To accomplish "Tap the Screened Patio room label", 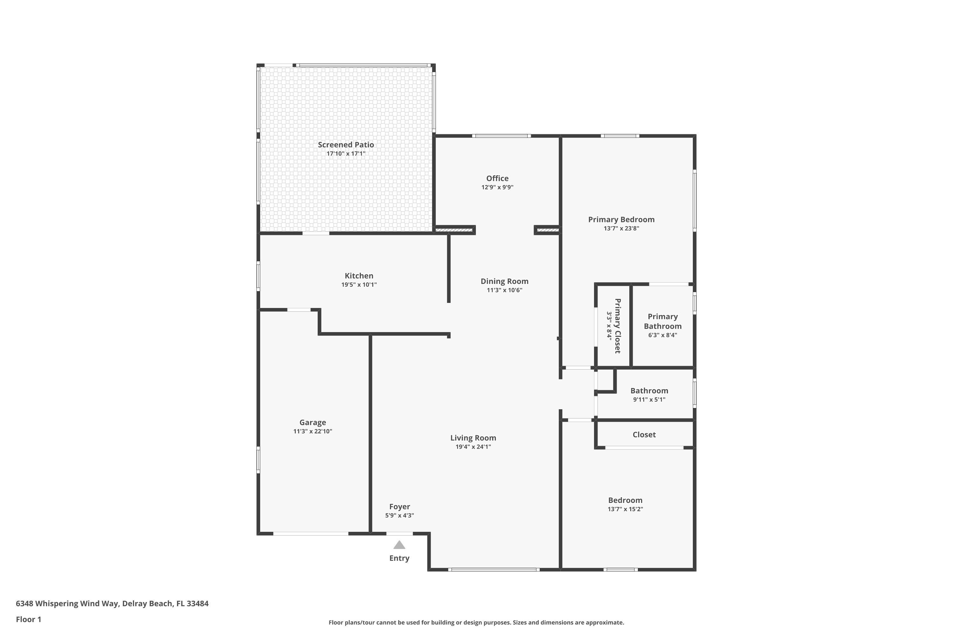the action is [x=346, y=144].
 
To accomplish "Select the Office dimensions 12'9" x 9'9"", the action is [x=497, y=187].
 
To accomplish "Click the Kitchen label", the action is [x=359, y=276].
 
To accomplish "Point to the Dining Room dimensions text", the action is [x=504, y=290].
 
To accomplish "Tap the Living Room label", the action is [x=473, y=438].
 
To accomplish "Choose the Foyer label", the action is [x=400, y=507].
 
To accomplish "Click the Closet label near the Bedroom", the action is [x=644, y=435].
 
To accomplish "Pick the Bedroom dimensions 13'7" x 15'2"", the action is [x=625, y=509].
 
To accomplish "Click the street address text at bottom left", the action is [x=112, y=604].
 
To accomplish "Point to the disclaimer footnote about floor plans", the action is [x=476, y=622].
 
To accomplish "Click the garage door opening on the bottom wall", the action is [x=311, y=534].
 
